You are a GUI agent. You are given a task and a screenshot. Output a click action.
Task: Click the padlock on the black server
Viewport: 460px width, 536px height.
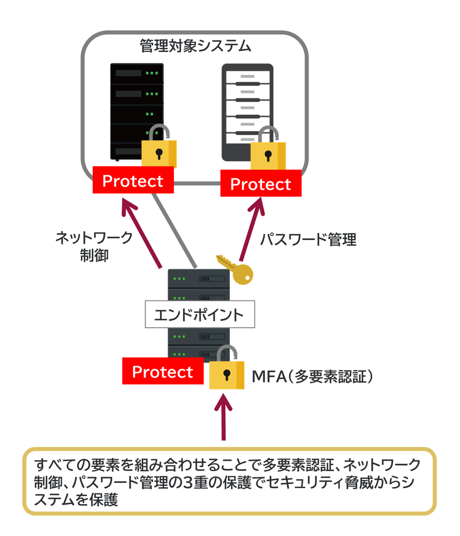pos(158,149)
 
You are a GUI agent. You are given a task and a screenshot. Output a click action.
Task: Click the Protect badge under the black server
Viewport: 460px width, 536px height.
pos(132,181)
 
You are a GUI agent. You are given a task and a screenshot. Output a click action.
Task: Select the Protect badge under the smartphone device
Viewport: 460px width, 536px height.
pos(260,184)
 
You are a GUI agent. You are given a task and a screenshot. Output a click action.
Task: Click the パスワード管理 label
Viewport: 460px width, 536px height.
pos(308,239)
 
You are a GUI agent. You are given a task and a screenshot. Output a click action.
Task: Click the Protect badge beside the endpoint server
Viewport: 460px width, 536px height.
pos(162,372)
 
